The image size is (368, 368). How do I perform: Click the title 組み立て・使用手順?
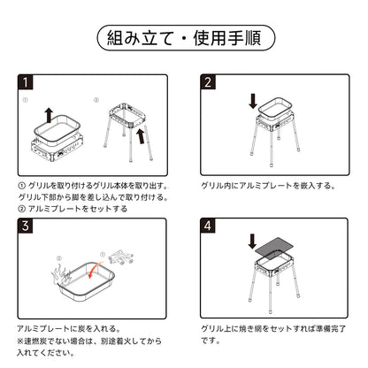(184, 38)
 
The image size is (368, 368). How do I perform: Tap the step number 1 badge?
(26, 82)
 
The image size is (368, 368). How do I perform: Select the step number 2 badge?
(208, 82)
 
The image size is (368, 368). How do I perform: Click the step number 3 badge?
(26, 226)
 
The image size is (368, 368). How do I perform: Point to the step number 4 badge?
(208, 226)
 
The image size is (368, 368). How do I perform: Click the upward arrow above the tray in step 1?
(49, 115)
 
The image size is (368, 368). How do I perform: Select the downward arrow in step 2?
(253, 101)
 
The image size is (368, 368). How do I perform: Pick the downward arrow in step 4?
(252, 241)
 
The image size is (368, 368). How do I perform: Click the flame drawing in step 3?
(61, 273)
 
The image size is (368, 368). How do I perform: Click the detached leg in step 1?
(149, 142)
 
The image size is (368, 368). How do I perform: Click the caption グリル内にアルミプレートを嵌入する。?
(268, 186)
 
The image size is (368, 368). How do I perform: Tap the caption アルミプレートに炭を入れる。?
(69, 328)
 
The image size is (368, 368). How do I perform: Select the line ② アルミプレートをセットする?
(73, 209)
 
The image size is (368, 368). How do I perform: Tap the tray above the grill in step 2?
(275, 108)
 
